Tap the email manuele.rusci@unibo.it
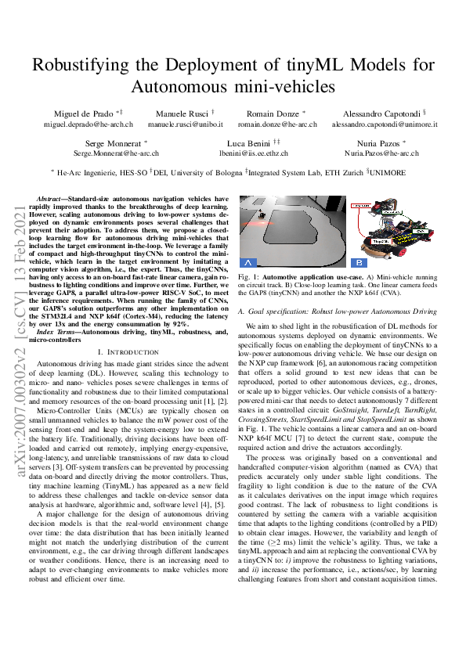[x=186, y=124]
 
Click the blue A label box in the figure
[x=249, y=261]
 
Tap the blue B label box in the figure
[x=358, y=261]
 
